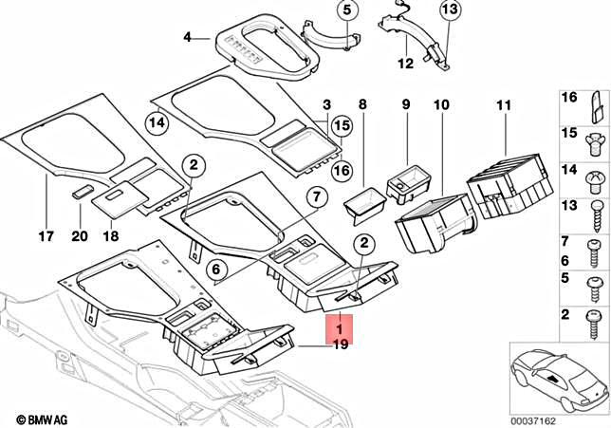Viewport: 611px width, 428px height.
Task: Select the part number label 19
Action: pyautogui.click(x=339, y=345)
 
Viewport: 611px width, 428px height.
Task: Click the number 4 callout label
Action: pyautogui.click(x=188, y=38)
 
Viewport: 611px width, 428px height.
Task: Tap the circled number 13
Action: pyautogui.click(x=450, y=11)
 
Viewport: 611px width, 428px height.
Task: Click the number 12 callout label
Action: pyautogui.click(x=405, y=65)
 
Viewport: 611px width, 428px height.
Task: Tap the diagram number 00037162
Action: pyautogui.click(x=569, y=419)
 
